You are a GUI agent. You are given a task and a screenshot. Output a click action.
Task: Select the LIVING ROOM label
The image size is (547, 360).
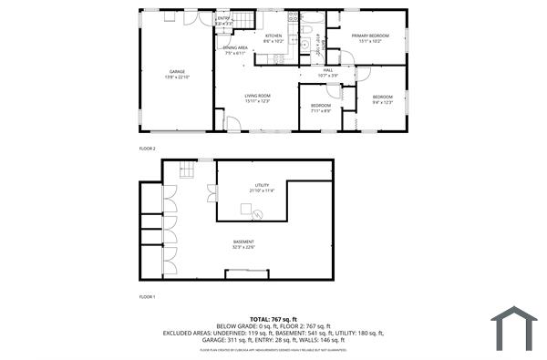(257, 96)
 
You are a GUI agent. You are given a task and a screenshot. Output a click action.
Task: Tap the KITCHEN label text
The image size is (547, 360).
(273, 36)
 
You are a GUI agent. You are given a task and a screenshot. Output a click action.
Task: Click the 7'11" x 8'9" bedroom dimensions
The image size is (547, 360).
(320, 110)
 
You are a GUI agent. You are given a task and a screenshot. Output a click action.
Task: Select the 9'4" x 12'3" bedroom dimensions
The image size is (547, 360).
(382, 102)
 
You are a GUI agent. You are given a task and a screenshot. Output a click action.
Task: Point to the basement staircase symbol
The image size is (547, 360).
(187, 169)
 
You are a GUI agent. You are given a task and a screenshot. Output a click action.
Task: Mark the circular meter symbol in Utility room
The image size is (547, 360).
(258, 214)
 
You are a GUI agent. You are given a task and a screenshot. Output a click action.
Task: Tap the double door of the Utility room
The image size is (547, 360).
(212, 191)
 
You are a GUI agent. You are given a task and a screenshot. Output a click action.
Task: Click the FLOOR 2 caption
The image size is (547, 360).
(147, 148)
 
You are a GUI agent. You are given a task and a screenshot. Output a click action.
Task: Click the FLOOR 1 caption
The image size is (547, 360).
(147, 297)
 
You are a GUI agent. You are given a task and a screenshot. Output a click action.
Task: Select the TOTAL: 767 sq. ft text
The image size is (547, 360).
(273, 319)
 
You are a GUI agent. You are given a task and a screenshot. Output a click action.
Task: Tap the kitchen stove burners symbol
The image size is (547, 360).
(292, 16)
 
